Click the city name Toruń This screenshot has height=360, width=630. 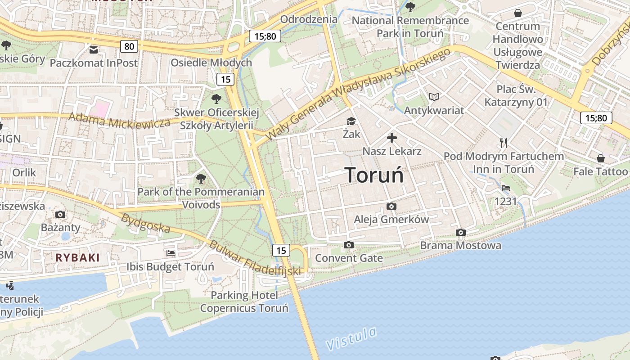click(374, 175)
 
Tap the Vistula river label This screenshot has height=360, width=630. click(351, 338)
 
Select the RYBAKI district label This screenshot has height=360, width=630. click(77, 258)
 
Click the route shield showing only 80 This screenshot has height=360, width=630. click(129, 46)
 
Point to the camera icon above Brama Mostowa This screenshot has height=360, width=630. click(460, 232)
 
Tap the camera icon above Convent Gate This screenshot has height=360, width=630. click(348, 245)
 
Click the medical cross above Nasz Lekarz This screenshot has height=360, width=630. click(392, 138)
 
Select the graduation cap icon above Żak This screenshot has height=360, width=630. click(351, 121)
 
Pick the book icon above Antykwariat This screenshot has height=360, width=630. click(434, 97)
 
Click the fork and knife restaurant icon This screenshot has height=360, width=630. click(504, 143)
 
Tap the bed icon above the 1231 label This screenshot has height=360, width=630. click(506, 188)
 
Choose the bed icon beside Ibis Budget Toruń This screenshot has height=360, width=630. click(171, 253)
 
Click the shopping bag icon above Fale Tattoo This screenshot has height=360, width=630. click(600, 158)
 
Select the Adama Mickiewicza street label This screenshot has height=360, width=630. click(119, 121)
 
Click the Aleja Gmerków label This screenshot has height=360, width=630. click(391, 220)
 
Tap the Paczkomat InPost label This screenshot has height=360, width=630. click(94, 63)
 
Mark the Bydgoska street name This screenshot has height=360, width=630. click(146, 223)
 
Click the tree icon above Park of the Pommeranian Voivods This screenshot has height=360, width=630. click(201, 179)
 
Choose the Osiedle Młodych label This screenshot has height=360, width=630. click(211, 63)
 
